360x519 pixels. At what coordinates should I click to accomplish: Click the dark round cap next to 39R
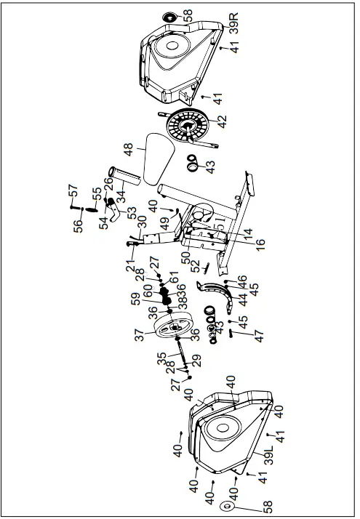coord(167,15)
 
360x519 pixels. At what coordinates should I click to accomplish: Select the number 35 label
coord(161,358)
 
